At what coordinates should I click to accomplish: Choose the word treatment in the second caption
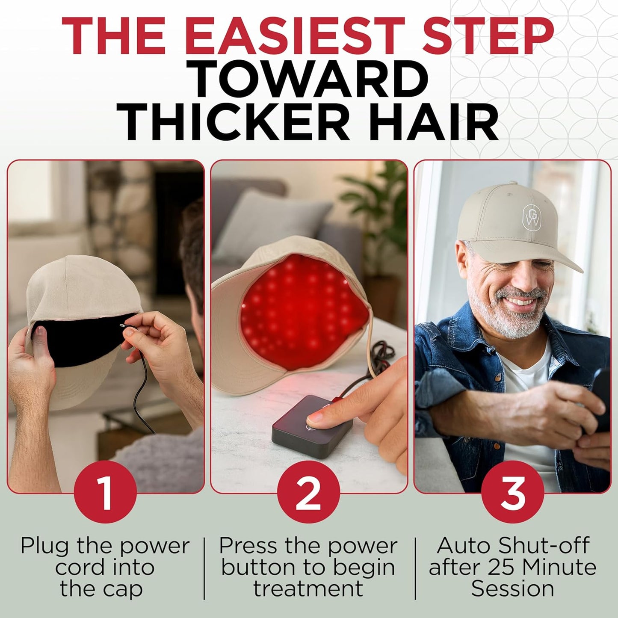(308, 588)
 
